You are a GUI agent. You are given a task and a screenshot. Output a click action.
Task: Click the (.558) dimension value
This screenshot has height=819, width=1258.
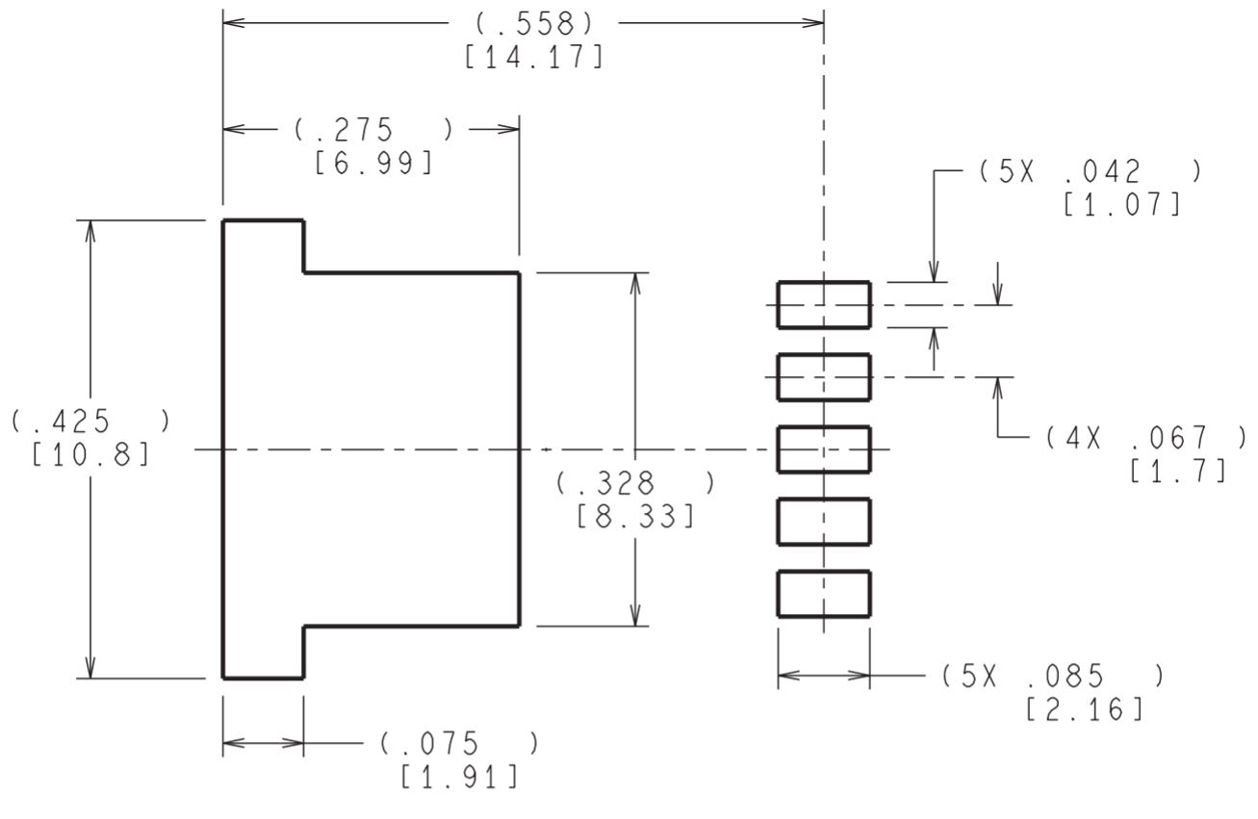tap(534, 24)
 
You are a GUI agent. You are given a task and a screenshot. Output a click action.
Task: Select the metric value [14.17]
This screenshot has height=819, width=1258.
tap(534, 58)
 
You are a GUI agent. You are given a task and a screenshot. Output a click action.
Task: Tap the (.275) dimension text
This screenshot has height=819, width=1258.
tap(373, 130)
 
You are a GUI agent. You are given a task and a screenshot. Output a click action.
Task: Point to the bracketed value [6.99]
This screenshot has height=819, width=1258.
tap(373, 164)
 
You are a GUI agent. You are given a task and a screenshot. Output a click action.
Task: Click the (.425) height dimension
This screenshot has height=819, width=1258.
tap(90, 421)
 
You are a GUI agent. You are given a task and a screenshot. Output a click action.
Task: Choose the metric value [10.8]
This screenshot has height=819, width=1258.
tap(90, 454)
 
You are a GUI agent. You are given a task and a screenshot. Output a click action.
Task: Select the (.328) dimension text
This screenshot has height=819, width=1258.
tap(635, 483)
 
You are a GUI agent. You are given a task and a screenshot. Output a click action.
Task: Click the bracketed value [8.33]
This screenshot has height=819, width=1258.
tap(635, 517)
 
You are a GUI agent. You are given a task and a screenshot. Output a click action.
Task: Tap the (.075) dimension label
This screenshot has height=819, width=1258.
tap(459, 744)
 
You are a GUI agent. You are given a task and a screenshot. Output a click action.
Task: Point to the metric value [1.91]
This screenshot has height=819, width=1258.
tap(459, 778)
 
